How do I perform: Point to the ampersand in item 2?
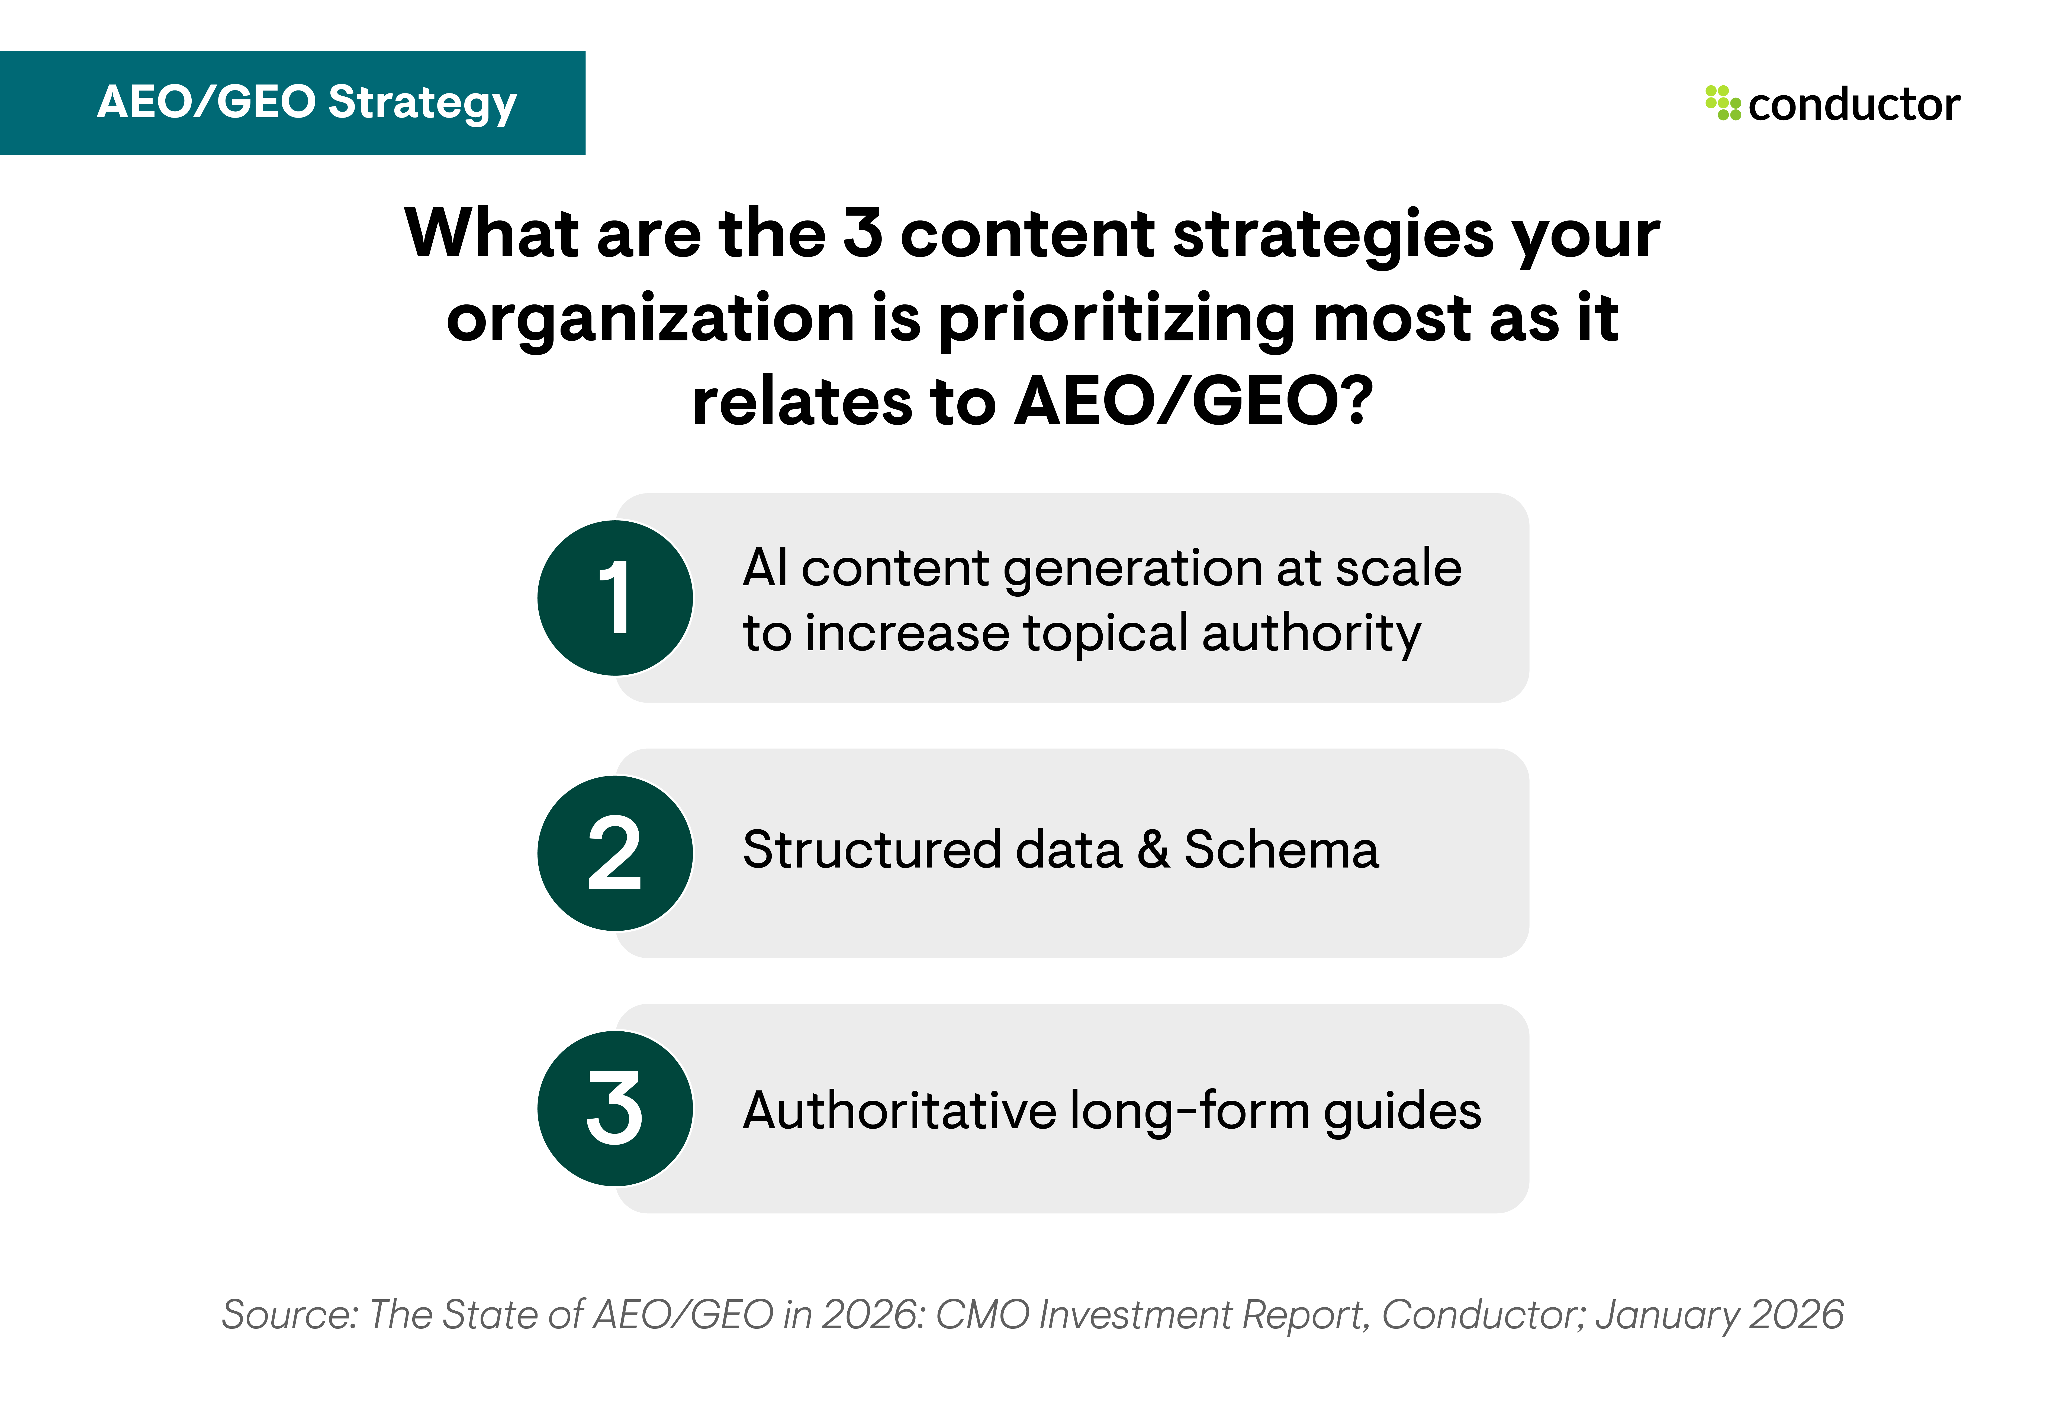[1153, 850]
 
